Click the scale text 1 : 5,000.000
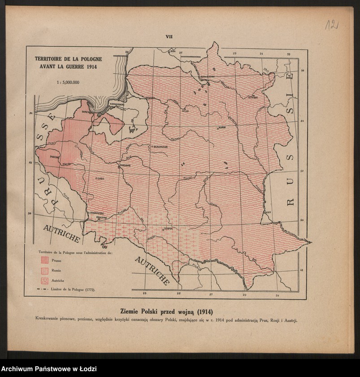68,83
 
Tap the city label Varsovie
125,165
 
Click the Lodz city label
100,179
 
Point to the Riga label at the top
172,51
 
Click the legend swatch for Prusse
44,260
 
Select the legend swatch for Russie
44,270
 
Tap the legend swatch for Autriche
44,281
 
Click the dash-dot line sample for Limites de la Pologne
44,290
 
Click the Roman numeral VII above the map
169,37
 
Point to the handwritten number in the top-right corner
331,25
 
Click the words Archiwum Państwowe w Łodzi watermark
48,369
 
